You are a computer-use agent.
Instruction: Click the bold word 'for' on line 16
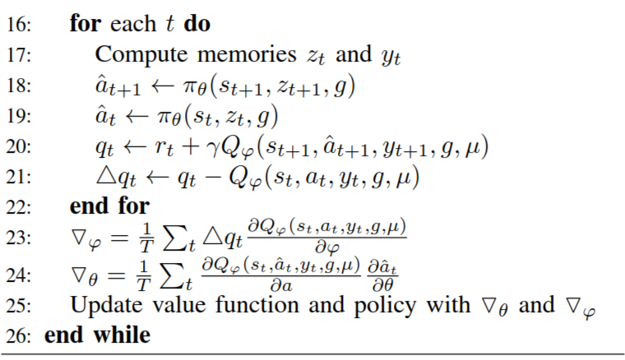(85, 24)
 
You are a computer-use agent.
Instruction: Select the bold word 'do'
(197, 24)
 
